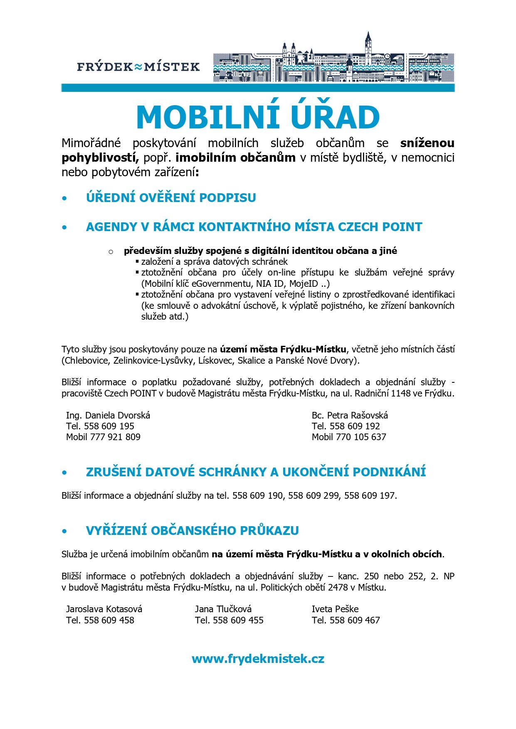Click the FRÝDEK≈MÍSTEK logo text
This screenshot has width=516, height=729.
(138, 66)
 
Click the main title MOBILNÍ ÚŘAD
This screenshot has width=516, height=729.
(258, 117)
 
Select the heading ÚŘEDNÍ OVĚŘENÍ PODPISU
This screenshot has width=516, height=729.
(171, 197)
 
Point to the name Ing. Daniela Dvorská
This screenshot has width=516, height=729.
(108, 415)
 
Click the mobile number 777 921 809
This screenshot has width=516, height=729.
(115, 437)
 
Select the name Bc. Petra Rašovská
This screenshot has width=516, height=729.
(350, 415)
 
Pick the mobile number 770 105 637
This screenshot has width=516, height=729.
(360, 437)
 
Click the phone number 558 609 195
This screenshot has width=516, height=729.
(109, 426)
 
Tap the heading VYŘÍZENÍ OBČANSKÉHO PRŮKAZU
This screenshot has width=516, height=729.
(192, 531)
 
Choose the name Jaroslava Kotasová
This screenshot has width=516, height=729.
(104, 609)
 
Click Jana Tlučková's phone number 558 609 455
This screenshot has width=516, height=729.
(238, 620)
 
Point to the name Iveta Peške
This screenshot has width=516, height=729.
(335, 609)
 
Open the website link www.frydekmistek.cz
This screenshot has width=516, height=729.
(258, 659)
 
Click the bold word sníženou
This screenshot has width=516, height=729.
(427, 143)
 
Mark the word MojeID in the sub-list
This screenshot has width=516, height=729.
(304, 284)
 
